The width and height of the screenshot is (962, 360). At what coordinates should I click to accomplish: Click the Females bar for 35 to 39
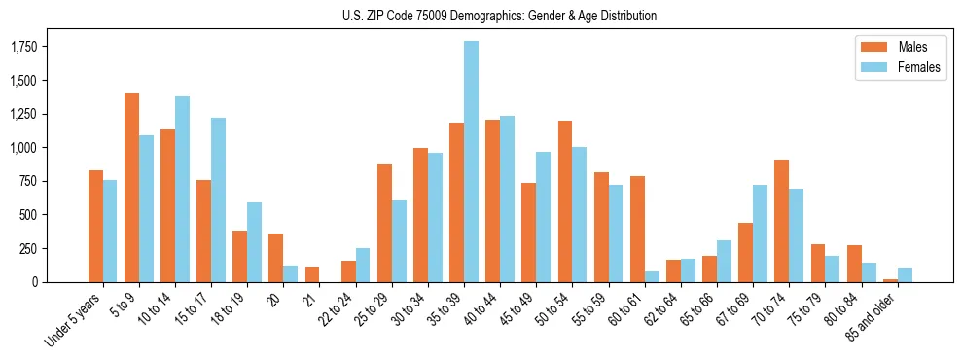point(471,162)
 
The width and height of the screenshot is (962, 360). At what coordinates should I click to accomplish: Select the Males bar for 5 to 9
point(131,188)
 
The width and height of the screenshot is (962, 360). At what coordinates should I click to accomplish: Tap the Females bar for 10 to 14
point(182,189)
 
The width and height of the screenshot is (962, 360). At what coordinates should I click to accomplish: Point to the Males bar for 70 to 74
point(782,221)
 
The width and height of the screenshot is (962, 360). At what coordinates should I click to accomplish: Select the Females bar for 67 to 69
point(760,234)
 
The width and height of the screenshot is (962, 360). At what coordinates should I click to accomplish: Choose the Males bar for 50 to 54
point(565,201)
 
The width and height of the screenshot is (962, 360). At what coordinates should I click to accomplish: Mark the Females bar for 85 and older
point(905,274)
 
